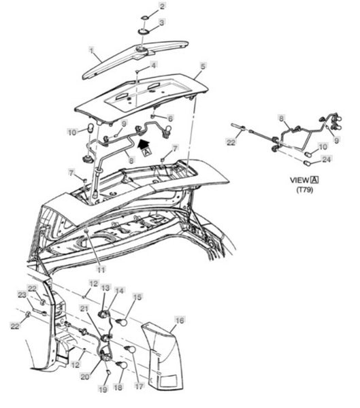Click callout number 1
[x=91, y=50]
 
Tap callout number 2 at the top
[x=162, y=6]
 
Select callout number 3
[x=162, y=22]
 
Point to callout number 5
[x=203, y=66]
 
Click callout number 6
[x=170, y=118]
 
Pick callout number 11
[x=101, y=269]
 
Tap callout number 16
[x=180, y=320]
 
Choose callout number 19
[x=103, y=389]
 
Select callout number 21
[x=84, y=309]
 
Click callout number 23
[x=22, y=295]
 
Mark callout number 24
[x=327, y=159]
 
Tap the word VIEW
[x=299, y=180]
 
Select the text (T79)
[x=304, y=190]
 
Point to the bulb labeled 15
[x=122, y=322]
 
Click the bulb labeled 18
[x=122, y=365]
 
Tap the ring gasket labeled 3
[x=142, y=32]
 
